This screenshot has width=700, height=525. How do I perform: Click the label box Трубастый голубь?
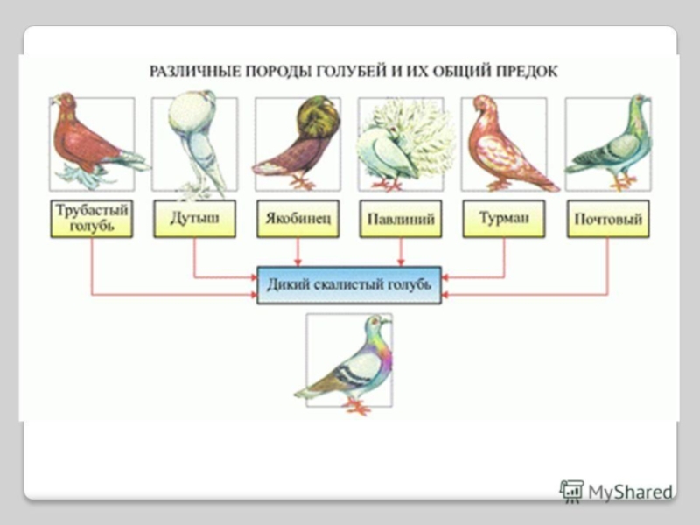pos(92,219)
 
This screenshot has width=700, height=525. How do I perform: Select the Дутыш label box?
pos(194,219)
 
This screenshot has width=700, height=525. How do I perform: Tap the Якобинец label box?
pos(297,219)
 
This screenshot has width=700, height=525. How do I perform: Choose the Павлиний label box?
pos(401,219)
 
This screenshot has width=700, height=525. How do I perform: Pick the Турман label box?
pos(504,219)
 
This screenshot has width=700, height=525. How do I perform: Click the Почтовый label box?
pos(607,219)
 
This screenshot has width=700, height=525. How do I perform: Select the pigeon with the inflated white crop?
pos(194,140)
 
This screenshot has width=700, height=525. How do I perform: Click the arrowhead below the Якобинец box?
pos(297,261)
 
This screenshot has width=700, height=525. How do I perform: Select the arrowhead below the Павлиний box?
pos(401,261)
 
